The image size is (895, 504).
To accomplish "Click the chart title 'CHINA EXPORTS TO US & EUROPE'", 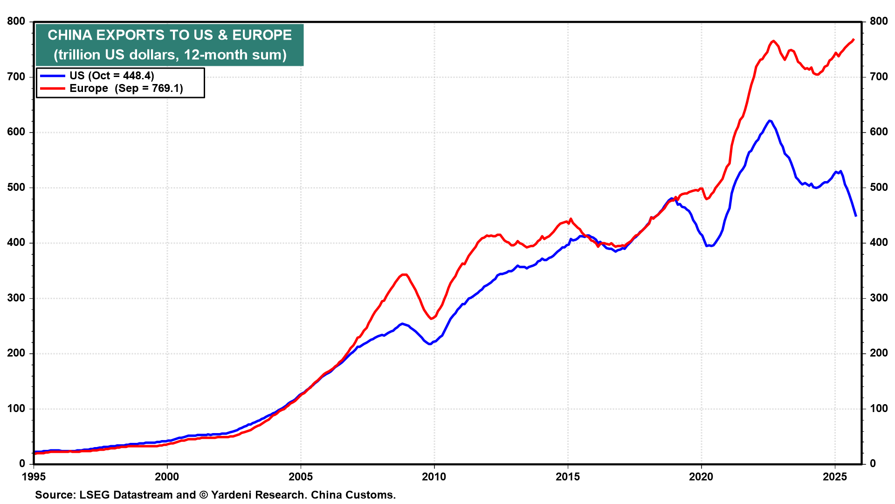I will [170, 35].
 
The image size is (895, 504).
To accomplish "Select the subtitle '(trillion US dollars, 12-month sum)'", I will [170, 55].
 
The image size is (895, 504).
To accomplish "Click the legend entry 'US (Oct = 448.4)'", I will [111, 76].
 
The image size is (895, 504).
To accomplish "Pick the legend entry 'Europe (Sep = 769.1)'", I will [126, 88].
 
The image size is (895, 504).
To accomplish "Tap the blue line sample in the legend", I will [52, 76].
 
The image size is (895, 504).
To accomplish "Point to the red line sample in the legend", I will [52, 88].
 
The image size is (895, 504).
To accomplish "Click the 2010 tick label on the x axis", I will [434, 476].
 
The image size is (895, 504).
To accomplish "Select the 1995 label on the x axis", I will [34, 476].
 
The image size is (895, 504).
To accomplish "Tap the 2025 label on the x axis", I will [835, 476].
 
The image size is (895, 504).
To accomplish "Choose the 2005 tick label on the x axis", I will [301, 476].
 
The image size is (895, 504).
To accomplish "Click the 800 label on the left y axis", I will [16, 21].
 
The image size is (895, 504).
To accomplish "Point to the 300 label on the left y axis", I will [16, 298].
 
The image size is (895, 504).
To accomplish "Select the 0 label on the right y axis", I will [873, 464].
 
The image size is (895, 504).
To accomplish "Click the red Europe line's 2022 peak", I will [773, 41].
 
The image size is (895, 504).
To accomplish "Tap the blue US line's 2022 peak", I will [770, 121].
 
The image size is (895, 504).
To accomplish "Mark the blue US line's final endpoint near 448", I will [856, 216].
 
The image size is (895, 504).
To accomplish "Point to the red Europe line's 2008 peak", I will [405, 274].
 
